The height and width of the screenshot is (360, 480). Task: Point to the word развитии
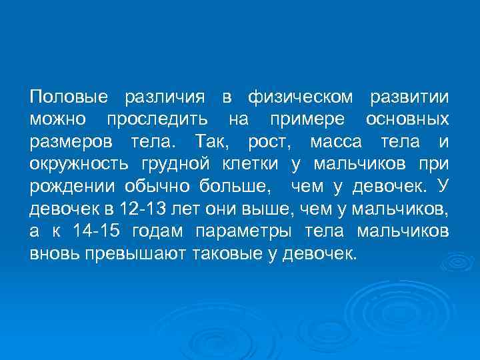point(409,98)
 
